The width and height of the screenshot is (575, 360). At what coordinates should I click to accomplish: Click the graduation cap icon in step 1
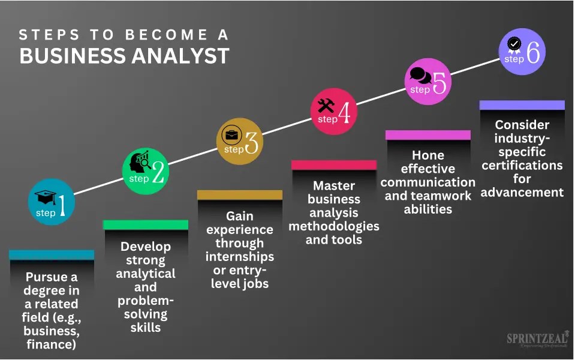point(46,197)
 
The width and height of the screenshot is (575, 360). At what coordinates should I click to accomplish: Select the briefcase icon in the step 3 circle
point(231,134)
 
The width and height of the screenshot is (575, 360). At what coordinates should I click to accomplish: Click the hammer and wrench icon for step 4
point(326,106)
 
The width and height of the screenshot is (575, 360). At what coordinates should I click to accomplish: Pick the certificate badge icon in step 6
point(514,45)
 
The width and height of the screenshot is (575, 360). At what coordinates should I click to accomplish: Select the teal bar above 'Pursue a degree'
point(52,254)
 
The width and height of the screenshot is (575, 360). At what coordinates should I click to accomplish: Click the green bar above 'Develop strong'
point(146,224)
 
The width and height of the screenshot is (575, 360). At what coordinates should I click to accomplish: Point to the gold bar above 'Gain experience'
point(240,194)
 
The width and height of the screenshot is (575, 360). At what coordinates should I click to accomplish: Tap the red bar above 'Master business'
point(334,164)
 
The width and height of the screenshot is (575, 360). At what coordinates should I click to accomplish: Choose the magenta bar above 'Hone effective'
point(428,134)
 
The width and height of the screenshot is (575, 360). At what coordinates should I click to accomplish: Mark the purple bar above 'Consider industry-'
point(522,105)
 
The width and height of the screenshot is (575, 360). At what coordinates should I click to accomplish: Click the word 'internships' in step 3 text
point(240,256)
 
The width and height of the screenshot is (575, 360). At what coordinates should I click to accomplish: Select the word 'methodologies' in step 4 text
point(334,226)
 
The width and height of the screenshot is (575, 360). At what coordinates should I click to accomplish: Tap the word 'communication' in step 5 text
point(428,182)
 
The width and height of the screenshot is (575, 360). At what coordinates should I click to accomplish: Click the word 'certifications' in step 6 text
point(522,165)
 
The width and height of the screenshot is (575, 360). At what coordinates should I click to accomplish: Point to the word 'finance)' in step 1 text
point(52,344)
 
